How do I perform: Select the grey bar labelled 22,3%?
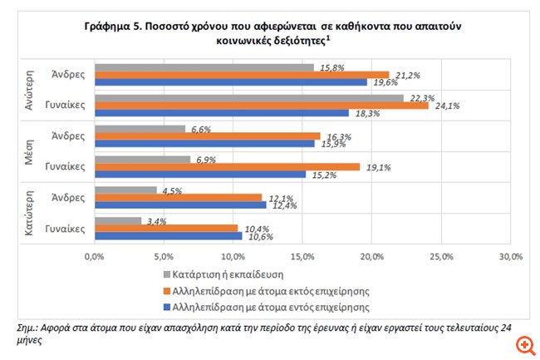pos(249,97)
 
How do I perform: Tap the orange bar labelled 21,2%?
pos(242,74)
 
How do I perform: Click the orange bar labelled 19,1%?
pos(228,166)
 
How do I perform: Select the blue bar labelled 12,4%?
pos(181,205)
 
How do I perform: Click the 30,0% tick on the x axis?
pos(509,255)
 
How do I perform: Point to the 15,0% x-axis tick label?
pos(302,255)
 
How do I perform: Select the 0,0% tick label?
pos(96,255)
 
